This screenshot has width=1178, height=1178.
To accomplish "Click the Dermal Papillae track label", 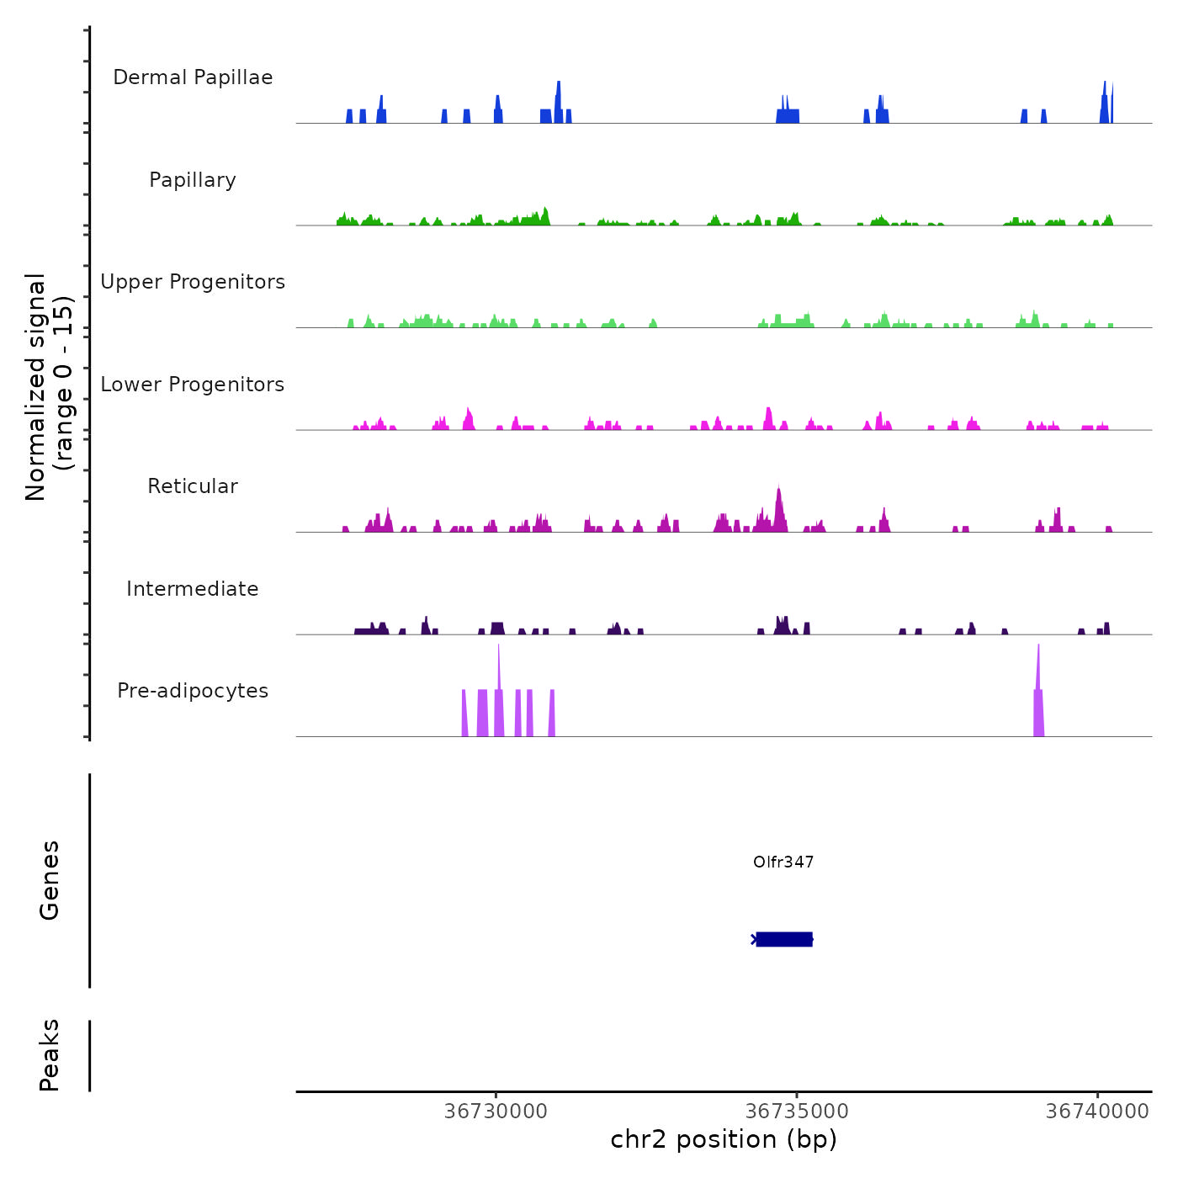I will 193,77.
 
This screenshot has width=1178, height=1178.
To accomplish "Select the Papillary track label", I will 193,180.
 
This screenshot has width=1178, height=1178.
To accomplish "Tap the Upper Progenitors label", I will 193,282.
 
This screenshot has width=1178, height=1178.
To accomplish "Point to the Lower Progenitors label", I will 193,385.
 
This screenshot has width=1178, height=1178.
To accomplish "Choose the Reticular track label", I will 193,486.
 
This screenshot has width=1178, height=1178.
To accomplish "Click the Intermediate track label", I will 193,589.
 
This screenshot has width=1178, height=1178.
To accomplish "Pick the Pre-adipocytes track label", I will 193,691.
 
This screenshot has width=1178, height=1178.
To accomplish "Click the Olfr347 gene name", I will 783,862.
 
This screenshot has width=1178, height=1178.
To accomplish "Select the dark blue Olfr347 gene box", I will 784,939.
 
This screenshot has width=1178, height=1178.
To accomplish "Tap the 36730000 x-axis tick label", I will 496,1112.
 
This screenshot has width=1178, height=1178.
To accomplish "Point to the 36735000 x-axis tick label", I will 797,1112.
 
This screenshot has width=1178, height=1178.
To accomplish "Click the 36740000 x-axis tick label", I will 1097,1112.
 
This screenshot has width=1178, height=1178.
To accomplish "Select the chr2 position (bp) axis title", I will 724,1139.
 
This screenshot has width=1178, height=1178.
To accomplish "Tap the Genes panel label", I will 50,880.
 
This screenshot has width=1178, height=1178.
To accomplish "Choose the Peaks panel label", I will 50,1055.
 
